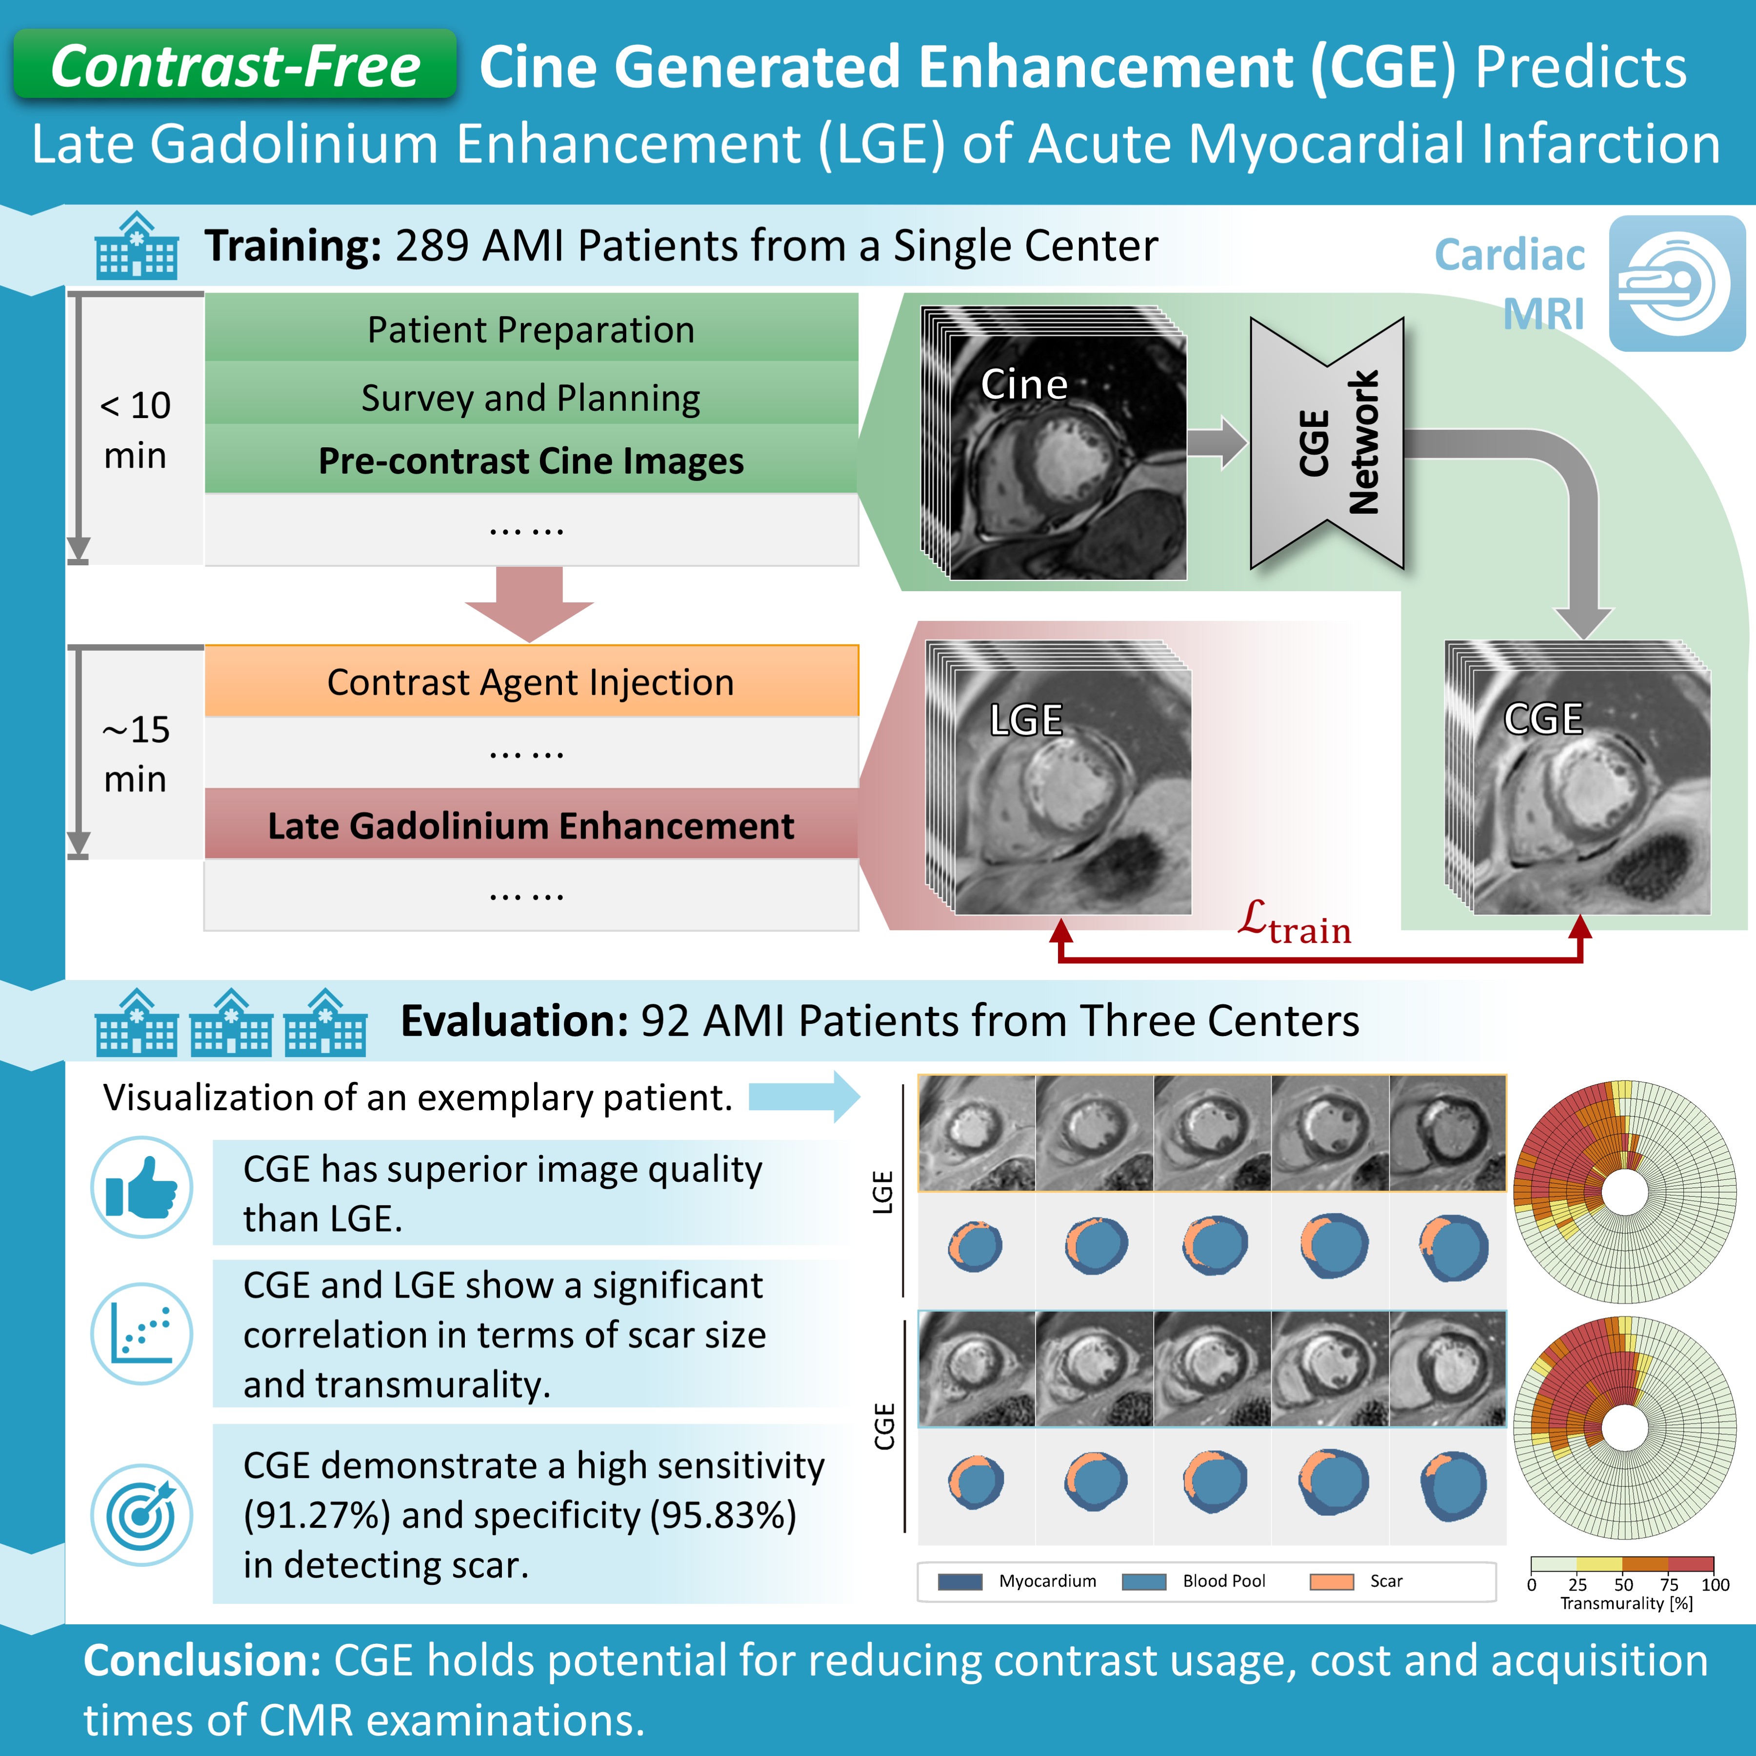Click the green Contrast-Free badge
click(x=235, y=65)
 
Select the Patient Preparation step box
click(x=531, y=329)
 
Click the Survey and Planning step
click(x=531, y=397)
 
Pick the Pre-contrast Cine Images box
click(x=531, y=461)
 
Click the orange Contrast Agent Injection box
click(x=531, y=682)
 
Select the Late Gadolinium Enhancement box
click(x=531, y=825)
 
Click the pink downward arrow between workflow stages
click(x=529, y=602)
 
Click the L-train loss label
click(x=1294, y=922)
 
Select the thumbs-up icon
click(x=142, y=1187)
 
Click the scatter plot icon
click(x=142, y=1334)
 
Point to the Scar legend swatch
click(x=1332, y=1581)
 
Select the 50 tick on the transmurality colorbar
click(x=1623, y=1584)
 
